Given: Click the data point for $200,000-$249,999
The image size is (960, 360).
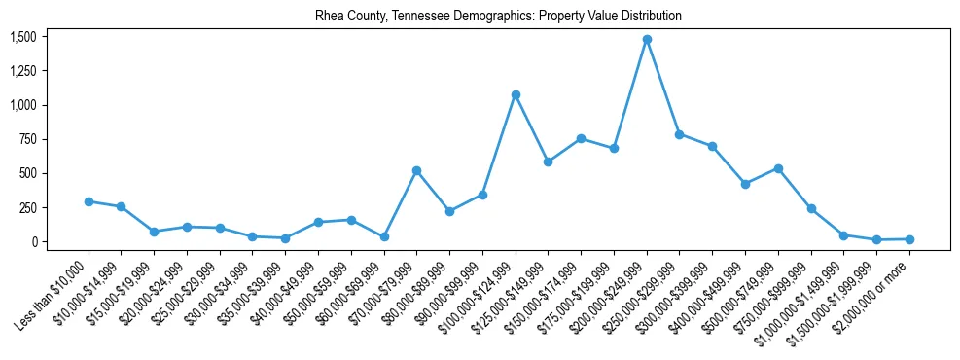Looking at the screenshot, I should [x=647, y=39].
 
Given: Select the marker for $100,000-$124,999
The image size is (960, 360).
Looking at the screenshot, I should [x=516, y=94].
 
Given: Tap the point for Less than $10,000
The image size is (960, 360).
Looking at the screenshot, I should [x=89, y=201].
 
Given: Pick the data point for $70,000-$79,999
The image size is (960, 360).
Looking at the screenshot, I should [x=416, y=170].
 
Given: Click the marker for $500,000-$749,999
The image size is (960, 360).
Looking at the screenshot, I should [x=778, y=168].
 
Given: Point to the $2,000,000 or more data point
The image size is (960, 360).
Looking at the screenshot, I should [x=909, y=239].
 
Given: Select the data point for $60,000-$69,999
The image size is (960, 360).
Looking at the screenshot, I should [x=384, y=236].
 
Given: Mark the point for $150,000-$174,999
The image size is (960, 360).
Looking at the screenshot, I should [x=581, y=138].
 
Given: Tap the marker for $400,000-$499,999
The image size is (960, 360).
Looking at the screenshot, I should [x=745, y=184].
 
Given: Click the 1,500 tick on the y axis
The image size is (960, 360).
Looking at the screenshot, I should [x=22, y=37].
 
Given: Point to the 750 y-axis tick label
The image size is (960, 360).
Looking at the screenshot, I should [x=27, y=139].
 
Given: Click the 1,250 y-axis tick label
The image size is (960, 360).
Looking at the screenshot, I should [x=22, y=71].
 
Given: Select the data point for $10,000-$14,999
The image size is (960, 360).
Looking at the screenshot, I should [x=121, y=206].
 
